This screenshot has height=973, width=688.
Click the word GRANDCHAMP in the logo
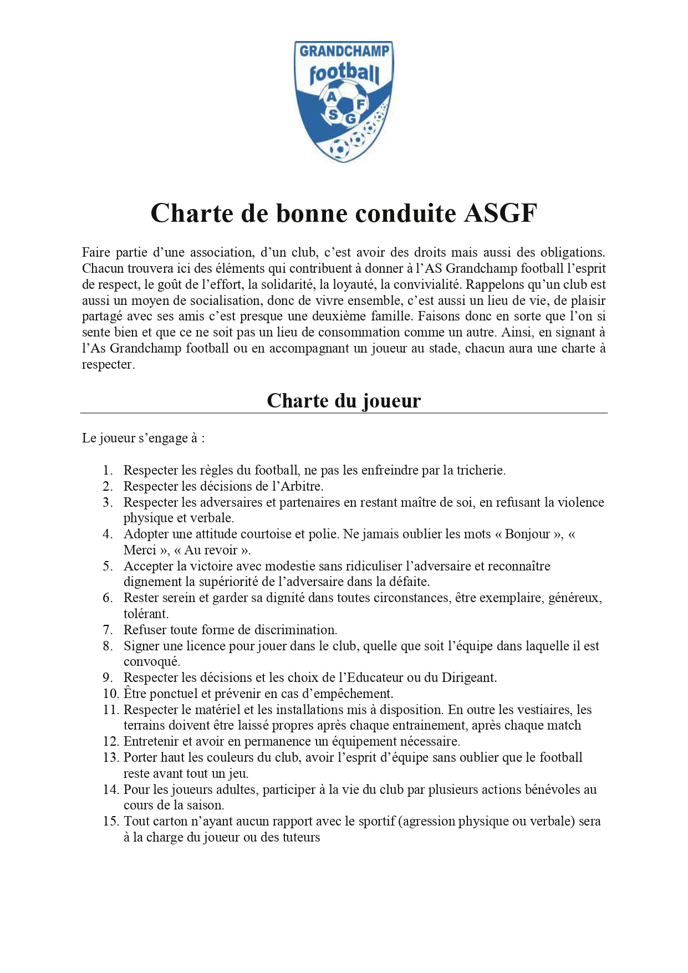[x=344, y=52]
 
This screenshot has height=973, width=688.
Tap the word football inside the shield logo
[x=344, y=73]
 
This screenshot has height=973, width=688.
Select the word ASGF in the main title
[x=501, y=213]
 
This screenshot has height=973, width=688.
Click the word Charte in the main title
[x=191, y=213]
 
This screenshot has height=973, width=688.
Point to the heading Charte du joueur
[x=344, y=401]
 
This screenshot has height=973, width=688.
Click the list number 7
[x=108, y=630]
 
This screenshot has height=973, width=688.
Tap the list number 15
[x=111, y=821]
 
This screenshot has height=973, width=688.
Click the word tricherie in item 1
[x=480, y=470]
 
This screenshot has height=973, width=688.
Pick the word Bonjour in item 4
[x=527, y=534]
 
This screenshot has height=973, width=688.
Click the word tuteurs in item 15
[x=301, y=837]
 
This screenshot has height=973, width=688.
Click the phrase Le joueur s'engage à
[x=143, y=438]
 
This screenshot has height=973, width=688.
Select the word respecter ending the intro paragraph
[x=108, y=365]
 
